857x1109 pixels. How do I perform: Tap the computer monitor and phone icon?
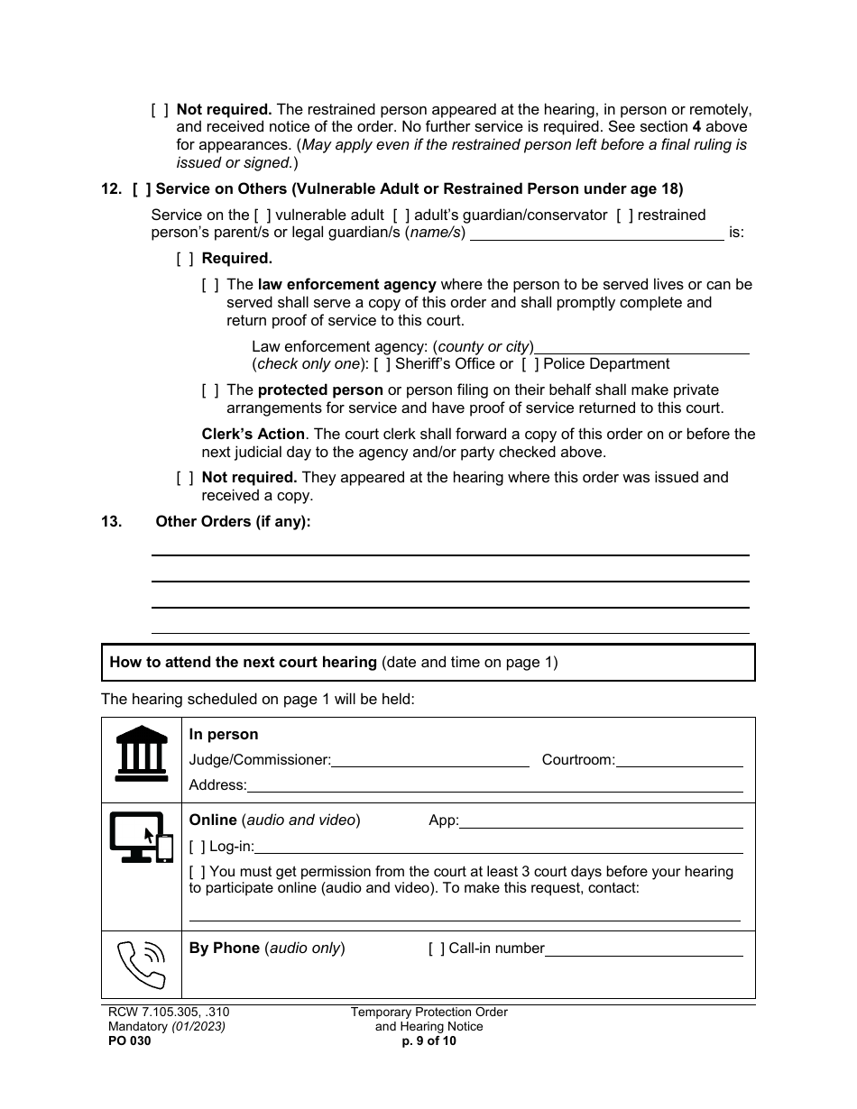click(141, 838)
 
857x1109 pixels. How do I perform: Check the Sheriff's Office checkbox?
click(382, 364)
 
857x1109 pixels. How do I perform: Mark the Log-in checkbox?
click(198, 847)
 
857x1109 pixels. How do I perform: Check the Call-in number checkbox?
click(436, 949)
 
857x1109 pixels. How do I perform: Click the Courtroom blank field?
click(679, 760)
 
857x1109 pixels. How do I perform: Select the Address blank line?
click(494, 785)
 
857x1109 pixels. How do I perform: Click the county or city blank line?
click(642, 347)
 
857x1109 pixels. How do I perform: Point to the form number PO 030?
click(126, 1040)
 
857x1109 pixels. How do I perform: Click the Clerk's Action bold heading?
click(253, 435)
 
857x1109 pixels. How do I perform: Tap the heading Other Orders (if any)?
click(233, 521)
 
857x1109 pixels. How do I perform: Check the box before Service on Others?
click(141, 189)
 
